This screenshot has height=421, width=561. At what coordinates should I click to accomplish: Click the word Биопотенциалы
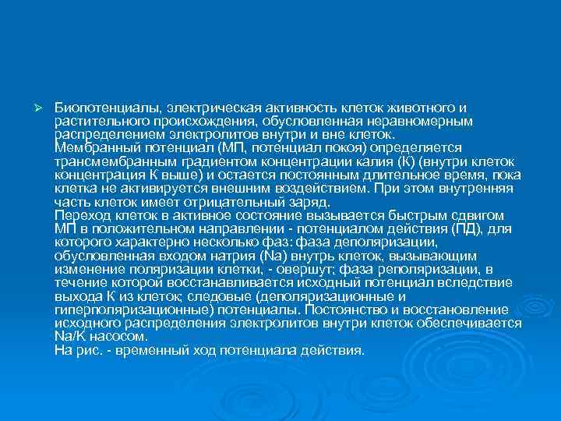[94, 107]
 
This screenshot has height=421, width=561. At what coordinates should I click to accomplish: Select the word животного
[420, 107]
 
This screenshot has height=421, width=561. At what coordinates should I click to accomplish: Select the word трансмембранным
[106, 161]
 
